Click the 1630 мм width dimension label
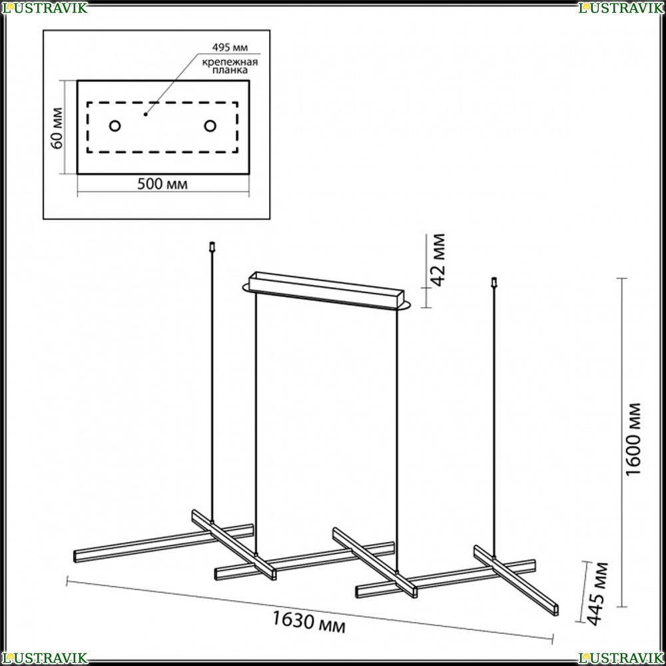point(308,622)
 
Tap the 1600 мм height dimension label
point(633,440)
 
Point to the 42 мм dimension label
point(438,260)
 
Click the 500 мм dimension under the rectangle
point(163,184)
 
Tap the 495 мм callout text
point(230,47)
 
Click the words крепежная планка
point(230,66)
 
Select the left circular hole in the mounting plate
point(115,126)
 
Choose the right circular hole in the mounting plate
point(210,126)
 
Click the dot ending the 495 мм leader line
point(145,115)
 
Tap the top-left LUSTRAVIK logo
point(44,7)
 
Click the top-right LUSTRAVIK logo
point(621,7)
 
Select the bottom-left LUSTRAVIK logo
point(44,658)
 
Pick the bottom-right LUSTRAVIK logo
point(621,658)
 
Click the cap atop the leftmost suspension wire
point(212,246)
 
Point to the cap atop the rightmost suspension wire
point(494,282)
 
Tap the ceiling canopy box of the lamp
point(326,290)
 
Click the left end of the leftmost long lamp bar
point(76,556)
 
